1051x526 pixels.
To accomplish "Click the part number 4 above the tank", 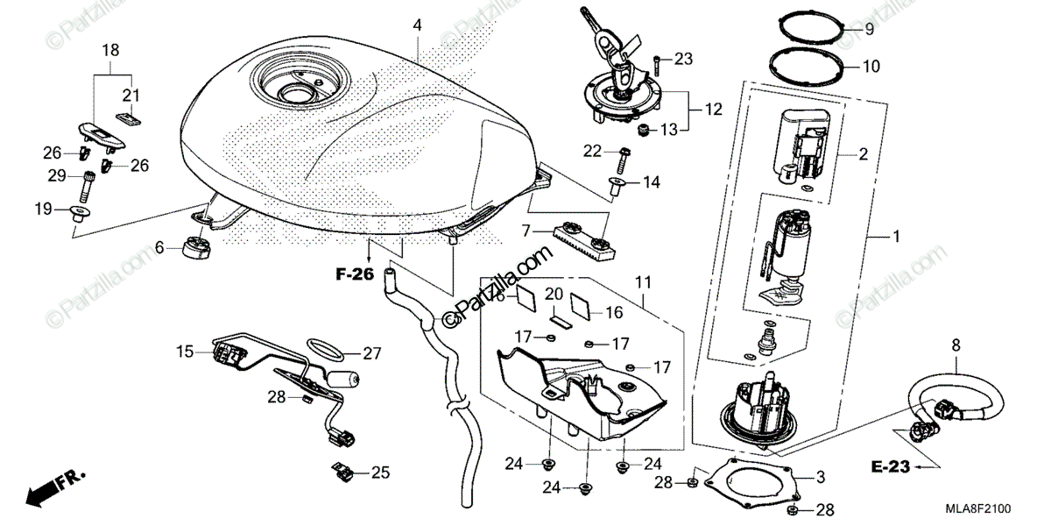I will tap(418, 25).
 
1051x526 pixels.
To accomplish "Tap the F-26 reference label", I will tap(355, 275).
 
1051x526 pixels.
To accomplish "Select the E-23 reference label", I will tap(892, 468).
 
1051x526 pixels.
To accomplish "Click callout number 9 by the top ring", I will tap(869, 30).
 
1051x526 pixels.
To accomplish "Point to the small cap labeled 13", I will tap(644, 131).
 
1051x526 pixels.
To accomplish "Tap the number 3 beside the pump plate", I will tap(821, 478).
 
